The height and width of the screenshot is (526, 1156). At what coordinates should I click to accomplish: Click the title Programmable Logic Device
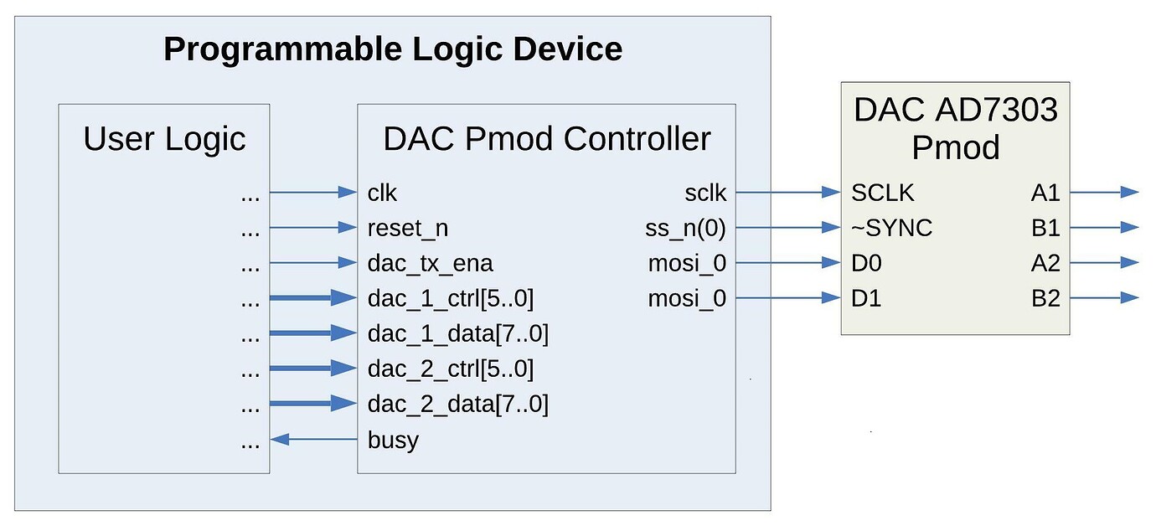(392, 49)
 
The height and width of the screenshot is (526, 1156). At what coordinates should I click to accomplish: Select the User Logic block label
(164, 139)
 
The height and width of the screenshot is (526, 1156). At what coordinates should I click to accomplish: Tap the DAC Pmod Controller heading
(546, 139)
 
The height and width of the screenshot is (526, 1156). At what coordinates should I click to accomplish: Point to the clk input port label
(382, 193)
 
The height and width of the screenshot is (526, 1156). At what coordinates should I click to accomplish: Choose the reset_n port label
(401, 229)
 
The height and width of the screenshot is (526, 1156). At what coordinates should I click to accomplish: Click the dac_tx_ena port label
(430, 264)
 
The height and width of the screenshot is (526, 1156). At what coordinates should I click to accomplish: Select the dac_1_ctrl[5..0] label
(450, 299)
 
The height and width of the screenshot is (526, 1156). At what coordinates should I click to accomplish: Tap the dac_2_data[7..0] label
(457, 405)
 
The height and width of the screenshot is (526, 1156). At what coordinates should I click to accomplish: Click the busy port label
(392, 441)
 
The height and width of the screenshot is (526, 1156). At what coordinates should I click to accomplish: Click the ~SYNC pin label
(891, 229)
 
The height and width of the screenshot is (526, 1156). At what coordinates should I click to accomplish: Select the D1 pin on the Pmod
(866, 299)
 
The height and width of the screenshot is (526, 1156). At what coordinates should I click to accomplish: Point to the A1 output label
(1045, 193)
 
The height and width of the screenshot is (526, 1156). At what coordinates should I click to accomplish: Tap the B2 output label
(1045, 299)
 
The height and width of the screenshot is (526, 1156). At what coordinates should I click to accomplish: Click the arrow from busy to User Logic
(314, 440)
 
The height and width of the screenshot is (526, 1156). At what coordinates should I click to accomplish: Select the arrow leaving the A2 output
(1104, 263)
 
